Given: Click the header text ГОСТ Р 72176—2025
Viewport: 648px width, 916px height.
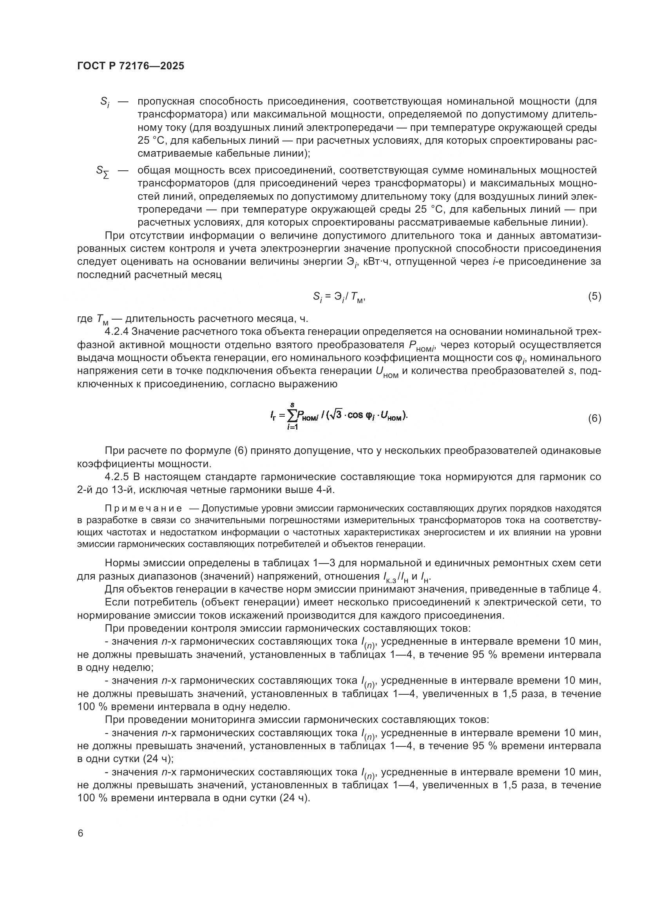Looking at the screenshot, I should pyautogui.click(x=130, y=66).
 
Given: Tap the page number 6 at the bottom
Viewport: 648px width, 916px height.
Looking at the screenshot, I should pyautogui.click(x=81, y=833).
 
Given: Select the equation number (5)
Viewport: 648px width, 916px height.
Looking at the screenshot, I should pyautogui.click(x=594, y=296).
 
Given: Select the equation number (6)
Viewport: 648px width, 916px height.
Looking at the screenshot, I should pyautogui.click(x=594, y=419).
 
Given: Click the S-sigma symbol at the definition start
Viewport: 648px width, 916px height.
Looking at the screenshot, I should pyautogui.click(x=103, y=172).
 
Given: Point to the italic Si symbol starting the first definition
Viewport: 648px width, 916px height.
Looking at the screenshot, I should pyautogui.click(x=105, y=102).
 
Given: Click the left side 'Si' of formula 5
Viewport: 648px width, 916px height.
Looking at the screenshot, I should pyautogui.click(x=317, y=297).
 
